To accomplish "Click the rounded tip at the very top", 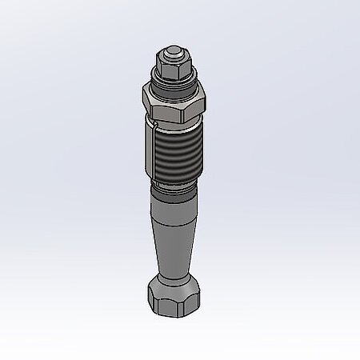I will pyautogui.click(x=170, y=51).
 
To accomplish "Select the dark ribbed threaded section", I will pyautogui.click(x=175, y=152).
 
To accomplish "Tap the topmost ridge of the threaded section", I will pyautogui.click(x=176, y=129).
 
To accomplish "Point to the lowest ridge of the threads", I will pyautogui.click(x=174, y=177).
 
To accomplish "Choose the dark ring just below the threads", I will pyautogui.click(x=173, y=189).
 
